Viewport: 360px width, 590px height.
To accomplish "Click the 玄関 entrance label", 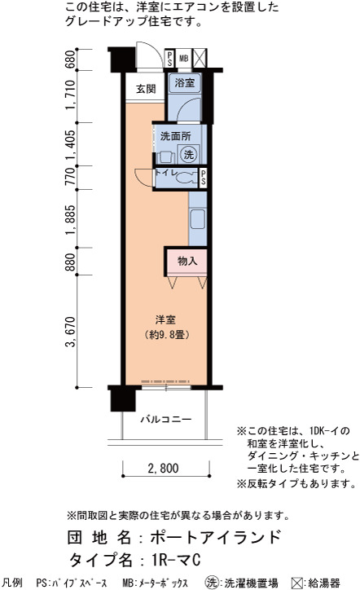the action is pyautogui.click(x=146, y=89).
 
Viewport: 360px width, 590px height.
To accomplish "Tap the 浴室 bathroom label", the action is pyautogui.click(x=184, y=82).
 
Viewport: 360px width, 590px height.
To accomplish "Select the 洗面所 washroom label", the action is pyautogui.click(x=175, y=136).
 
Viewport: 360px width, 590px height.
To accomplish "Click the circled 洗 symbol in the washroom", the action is pyautogui.click(x=188, y=154).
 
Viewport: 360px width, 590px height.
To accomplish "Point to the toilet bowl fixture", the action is pyautogui.click(x=187, y=178).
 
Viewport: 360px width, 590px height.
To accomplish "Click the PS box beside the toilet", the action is pyautogui.click(x=203, y=178).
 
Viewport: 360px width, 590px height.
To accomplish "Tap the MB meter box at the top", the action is pyautogui.click(x=183, y=59).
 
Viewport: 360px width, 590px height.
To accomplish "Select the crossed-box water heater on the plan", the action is pyautogui.click(x=200, y=59).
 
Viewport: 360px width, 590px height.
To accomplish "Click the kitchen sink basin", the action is pyautogui.click(x=197, y=219).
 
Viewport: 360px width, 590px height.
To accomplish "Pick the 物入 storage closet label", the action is pyautogui.click(x=187, y=261).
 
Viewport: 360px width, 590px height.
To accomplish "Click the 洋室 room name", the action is pyautogui.click(x=165, y=320).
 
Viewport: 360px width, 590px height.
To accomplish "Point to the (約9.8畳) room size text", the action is pyautogui.click(x=166, y=334).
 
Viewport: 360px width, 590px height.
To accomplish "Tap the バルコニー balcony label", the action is pyautogui.click(x=166, y=419).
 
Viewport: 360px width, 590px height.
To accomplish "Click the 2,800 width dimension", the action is pyautogui.click(x=163, y=468).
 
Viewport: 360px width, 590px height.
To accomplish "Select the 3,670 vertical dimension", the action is pyautogui.click(x=70, y=332).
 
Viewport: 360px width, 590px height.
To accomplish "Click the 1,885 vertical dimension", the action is pyautogui.click(x=70, y=220).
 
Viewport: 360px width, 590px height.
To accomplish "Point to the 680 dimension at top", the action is pyautogui.click(x=70, y=59).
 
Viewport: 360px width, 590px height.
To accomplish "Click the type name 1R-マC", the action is pyautogui.click(x=176, y=560).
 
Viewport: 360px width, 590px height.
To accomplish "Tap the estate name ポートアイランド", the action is pyautogui.click(x=216, y=537).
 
